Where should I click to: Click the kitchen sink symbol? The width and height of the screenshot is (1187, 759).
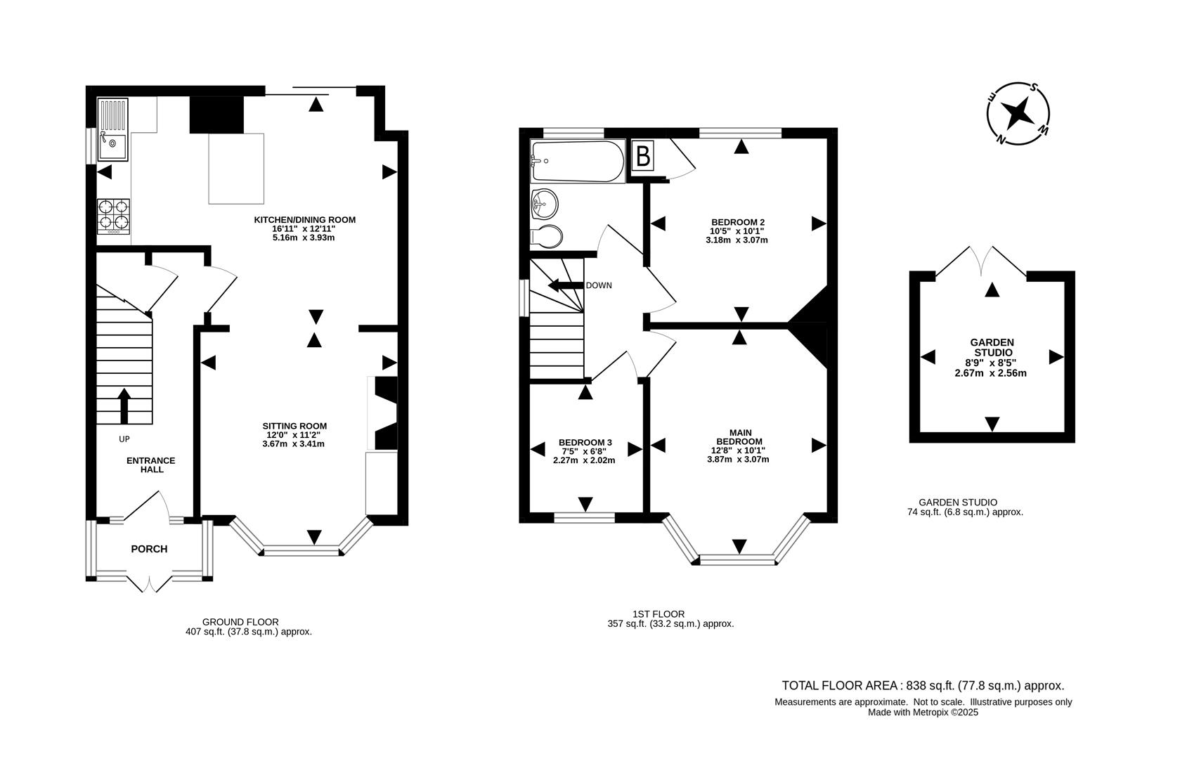pyautogui.click(x=113, y=131)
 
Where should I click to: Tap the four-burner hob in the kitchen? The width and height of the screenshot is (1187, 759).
pyautogui.click(x=114, y=215)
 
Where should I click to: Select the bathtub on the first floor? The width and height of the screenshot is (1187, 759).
pyautogui.click(x=578, y=162)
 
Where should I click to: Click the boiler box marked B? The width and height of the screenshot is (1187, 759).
pyautogui.click(x=642, y=156)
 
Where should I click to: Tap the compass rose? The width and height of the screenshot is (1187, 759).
pyautogui.click(x=1018, y=114)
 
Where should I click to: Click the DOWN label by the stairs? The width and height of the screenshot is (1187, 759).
pyautogui.click(x=599, y=285)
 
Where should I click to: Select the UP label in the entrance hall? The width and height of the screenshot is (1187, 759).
pyautogui.click(x=124, y=439)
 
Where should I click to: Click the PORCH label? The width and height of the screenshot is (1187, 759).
pyautogui.click(x=149, y=549)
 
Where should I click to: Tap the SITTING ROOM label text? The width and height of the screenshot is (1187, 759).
pyautogui.click(x=294, y=426)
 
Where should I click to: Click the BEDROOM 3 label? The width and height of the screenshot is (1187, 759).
pyautogui.click(x=585, y=442)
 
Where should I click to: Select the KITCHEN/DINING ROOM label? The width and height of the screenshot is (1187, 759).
pyautogui.click(x=304, y=220)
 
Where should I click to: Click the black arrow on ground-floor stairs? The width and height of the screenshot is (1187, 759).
pyautogui.click(x=124, y=406)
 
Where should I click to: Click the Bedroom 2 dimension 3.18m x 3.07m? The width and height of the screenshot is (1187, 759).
pyautogui.click(x=737, y=240)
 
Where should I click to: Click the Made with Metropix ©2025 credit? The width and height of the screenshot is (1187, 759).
pyautogui.click(x=923, y=712)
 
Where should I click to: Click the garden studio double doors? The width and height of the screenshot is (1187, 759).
pyautogui.click(x=982, y=261)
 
